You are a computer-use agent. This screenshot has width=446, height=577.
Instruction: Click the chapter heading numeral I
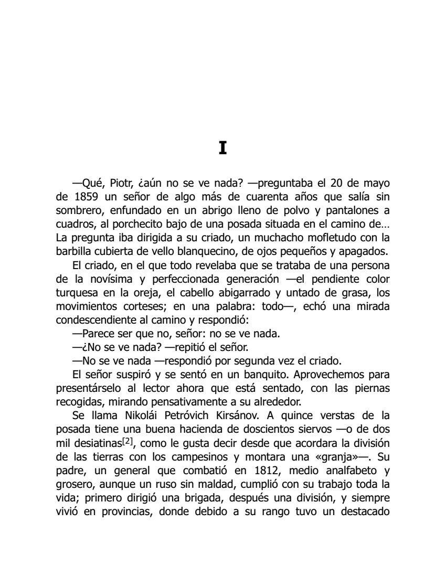click(x=222, y=148)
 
